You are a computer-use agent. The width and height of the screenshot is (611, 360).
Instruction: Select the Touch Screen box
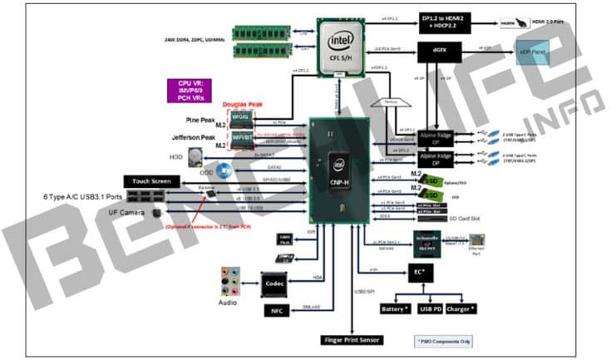click(150, 180)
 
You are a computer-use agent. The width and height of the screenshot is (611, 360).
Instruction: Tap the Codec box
click(276, 283)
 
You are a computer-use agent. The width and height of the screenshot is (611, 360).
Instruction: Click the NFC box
click(276, 311)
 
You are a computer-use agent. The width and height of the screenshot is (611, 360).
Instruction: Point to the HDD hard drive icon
click(195, 155)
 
